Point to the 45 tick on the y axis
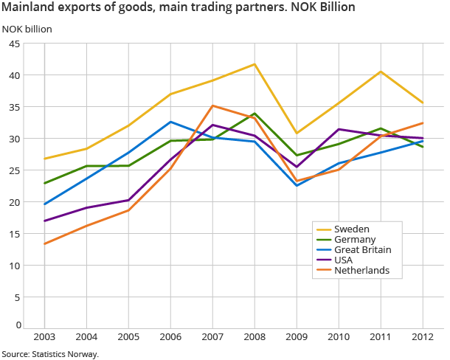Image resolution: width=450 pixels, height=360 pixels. click(x=14, y=44)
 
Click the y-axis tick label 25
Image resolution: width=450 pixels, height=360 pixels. click(x=14, y=170)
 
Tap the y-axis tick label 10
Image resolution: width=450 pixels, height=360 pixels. click(x=14, y=266)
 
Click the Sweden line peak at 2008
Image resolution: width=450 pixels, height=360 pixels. click(x=255, y=64)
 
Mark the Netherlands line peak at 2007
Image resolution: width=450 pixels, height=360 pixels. click(x=212, y=105)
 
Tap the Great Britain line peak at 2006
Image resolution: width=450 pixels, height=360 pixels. click(x=170, y=122)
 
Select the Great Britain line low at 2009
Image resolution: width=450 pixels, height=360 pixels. click(x=297, y=185)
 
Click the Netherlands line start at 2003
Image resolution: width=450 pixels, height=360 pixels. click(x=45, y=243)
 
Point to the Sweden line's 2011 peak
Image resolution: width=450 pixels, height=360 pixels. click(x=380, y=72)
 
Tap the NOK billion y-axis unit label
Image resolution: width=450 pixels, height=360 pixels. click(x=27, y=29)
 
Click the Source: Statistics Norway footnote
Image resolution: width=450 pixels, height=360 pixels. click(x=50, y=354)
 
